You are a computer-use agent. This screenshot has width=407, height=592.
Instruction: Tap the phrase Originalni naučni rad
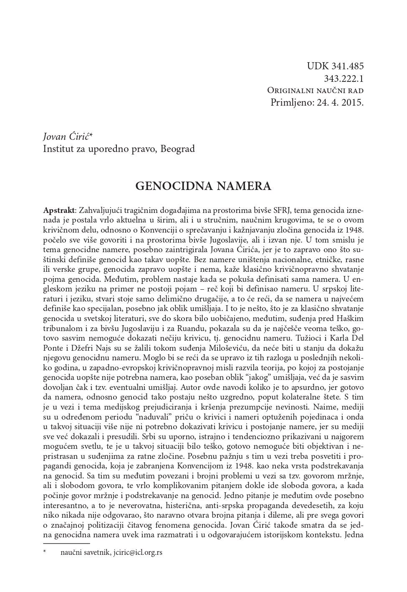coord(315,90)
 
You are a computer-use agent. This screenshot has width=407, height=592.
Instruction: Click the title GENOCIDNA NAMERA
coord(203,186)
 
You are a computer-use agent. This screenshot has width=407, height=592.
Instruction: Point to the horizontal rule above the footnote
coord(66,544)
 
